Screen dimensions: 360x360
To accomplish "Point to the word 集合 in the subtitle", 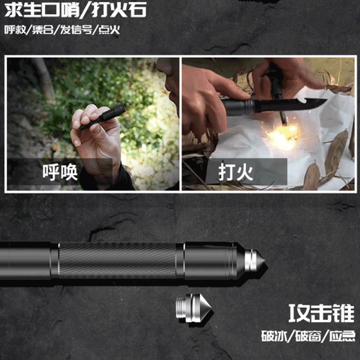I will coord(42,30).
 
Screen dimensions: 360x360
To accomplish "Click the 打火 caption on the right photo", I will coord(218,170).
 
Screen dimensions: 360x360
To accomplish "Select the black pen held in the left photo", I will coord(101,118).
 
